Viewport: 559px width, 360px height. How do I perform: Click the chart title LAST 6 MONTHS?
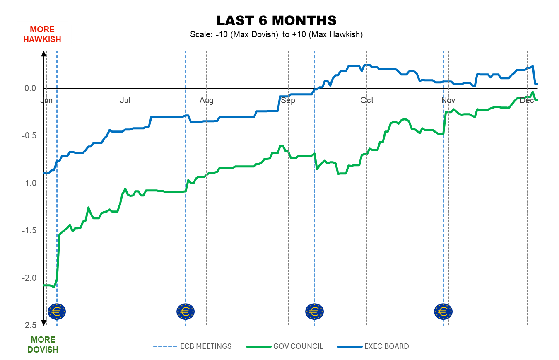pos(276,21)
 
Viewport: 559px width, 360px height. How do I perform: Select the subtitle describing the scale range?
pos(276,34)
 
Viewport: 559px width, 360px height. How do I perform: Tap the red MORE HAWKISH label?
pos(42,34)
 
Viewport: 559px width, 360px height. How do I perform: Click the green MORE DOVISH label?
pos(43,345)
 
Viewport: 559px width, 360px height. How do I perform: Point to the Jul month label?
pos(125,101)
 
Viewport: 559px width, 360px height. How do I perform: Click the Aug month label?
pos(207,101)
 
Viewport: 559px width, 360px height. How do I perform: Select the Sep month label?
pos(288,101)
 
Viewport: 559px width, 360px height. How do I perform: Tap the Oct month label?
pos(367,101)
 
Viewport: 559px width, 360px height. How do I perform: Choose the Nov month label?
pos(448,101)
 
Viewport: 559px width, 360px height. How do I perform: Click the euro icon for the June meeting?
pos(57,311)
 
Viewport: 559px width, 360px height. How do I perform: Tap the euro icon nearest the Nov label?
pos(443,311)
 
